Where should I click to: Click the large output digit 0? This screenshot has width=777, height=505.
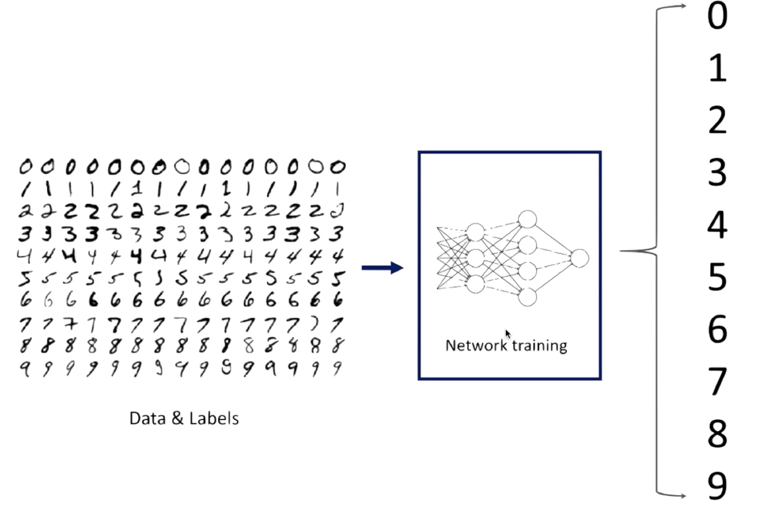(717, 16)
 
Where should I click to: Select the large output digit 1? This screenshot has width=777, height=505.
(718, 68)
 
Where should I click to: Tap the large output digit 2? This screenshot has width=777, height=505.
(717, 121)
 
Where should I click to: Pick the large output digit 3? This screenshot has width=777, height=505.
(717, 173)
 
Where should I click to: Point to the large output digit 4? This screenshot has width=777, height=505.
(717, 225)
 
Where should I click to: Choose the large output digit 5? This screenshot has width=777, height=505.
(717, 277)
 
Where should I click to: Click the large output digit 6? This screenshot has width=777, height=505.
(717, 329)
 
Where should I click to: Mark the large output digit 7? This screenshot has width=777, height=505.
(717, 381)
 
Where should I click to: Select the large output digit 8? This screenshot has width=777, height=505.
(717, 433)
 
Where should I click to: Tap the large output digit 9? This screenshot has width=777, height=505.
(717, 485)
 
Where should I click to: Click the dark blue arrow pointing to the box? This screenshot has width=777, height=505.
(382, 268)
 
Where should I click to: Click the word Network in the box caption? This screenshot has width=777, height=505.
(476, 346)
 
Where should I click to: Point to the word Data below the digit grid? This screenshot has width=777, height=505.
(147, 419)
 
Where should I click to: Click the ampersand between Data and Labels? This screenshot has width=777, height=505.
(178, 419)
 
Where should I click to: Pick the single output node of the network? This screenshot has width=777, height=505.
(579, 259)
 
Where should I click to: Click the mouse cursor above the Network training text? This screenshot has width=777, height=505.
(507, 334)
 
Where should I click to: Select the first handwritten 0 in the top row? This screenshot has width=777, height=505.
(26, 167)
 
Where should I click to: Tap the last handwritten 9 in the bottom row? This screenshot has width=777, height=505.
(337, 369)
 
